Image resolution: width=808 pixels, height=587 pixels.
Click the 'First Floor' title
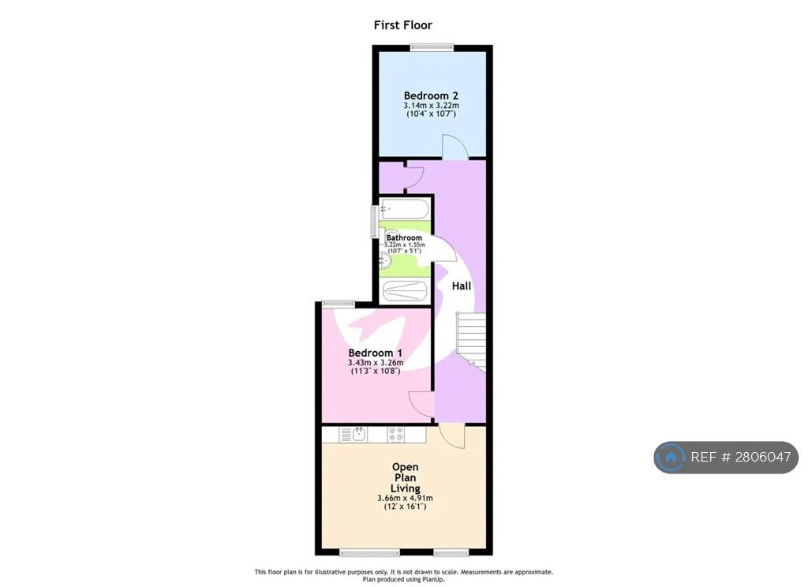pyautogui.click(x=403, y=24)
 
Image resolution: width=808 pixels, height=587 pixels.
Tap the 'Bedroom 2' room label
pyautogui.click(x=431, y=95)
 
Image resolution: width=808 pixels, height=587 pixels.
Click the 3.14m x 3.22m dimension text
pyautogui.click(x=431, y=106)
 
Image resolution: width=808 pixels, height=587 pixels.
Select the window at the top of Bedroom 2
pyautogui.click(x=432, y=48)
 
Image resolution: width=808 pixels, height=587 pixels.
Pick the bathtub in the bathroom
pyautogui.click(x=405, y=210)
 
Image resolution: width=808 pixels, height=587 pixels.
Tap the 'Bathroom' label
pyautogui.click(x=404, y=237)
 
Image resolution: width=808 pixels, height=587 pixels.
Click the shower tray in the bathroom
pyautogui.click(x=405, y=291)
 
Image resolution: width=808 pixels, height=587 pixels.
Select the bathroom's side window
pyautogui.click(x=375, y=222)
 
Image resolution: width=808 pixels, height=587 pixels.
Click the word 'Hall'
pyautogui.click(x=461, y=286)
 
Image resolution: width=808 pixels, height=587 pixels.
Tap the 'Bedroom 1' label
pyautogui.click(x=375, y=353)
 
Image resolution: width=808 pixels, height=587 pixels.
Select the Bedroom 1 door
pyautogui.click(x=422, y=403)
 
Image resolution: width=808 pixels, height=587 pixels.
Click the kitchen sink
pyautogui.click(x=359, y=435)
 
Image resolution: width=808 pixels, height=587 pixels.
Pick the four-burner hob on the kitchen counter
pyautogui.click(x=396, y=435)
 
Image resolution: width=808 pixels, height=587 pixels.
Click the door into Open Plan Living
pyautogui.click(x=452, y=436)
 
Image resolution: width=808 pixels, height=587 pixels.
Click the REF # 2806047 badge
pyautogui.click(x=726, y=457)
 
